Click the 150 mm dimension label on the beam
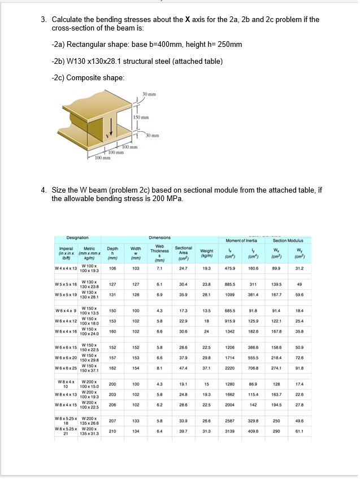pos(141,117)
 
